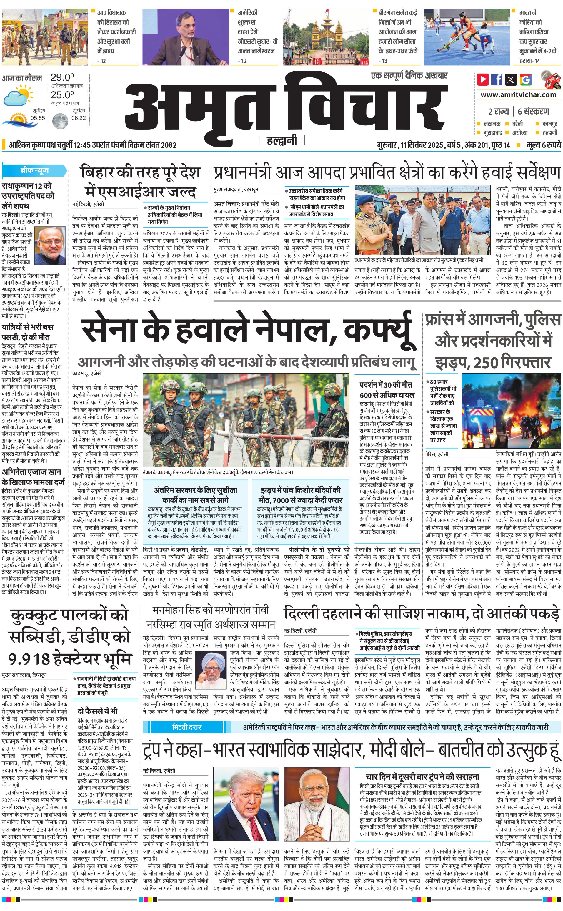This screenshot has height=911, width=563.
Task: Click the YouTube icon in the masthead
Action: coord(483,79)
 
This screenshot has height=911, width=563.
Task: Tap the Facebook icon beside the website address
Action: coord(497,79)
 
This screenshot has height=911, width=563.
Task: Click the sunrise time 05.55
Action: coord(38,118)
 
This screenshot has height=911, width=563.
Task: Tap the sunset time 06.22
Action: coord(79,118)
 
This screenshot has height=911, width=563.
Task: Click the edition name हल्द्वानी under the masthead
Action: coord(282,140)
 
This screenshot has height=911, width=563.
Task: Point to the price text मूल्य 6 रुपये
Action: coord(544,145)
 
